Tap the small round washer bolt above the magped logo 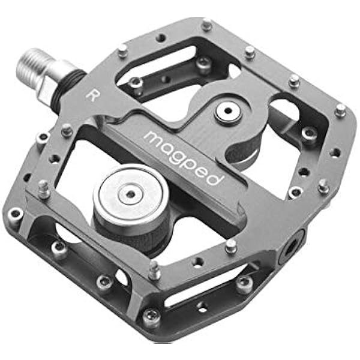pos(228,111)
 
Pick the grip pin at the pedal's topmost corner pos(206,25)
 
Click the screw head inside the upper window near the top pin pos(204,65)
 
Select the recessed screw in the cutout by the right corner pos(309,134)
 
